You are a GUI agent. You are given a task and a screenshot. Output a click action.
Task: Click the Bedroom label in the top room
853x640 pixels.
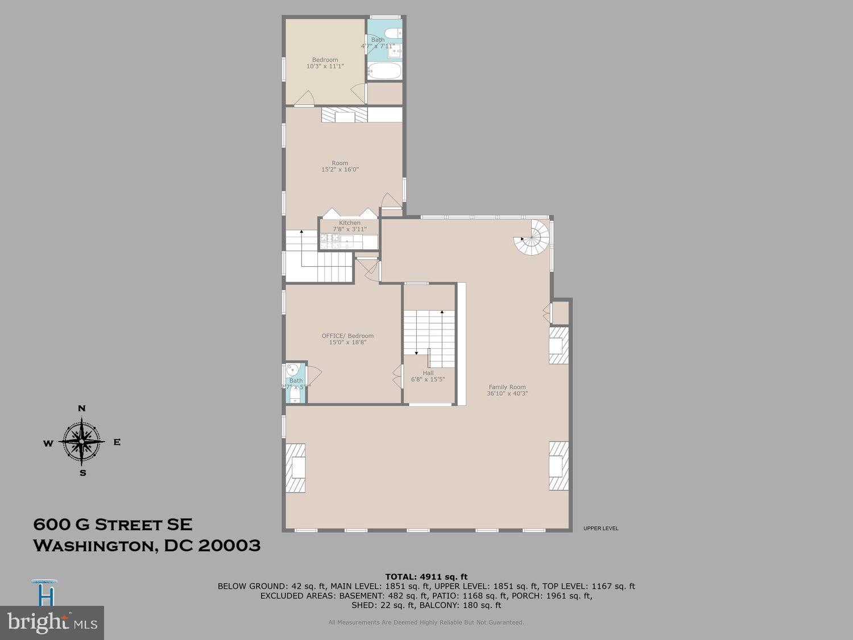pyautogui.click(x=325, y=60)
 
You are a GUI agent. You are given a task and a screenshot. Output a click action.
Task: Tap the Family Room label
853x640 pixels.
pyautogui.click(x=507, y=387)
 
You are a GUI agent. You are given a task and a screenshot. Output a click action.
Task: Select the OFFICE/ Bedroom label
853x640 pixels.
pyautogui.click(x=347, y=336)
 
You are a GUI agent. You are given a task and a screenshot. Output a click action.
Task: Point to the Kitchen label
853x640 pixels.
pyautogui.click(x=350, y=223)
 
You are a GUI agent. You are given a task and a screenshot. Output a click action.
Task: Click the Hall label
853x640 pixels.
pyautogui.click(x=428, y=373)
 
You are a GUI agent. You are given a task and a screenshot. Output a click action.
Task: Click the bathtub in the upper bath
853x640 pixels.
pyautogui.click(x=385, y=72)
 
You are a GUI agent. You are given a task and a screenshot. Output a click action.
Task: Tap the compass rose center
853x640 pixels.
pyautogui.click(x=82, y=441)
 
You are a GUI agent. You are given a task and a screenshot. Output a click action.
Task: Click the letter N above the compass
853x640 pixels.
pyautogui.click(x=82, y=408)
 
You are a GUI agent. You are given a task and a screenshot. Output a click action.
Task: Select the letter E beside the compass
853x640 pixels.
pyautogui.click(x=117, y=442)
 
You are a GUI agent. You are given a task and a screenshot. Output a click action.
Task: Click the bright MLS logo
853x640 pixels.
pyautogui.click(x=52, y=622)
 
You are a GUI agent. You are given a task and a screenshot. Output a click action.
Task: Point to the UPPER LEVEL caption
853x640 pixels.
pyautogui.click(x=601, y=528)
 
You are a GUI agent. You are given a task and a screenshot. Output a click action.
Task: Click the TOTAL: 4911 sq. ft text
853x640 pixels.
pyautogui.click(x=426, y=577)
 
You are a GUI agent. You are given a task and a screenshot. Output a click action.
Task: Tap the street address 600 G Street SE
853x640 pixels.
pyautogui.click(x=113, y=524)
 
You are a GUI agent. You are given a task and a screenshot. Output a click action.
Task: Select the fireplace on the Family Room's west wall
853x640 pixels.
pyautogui.click(x=296, y=468)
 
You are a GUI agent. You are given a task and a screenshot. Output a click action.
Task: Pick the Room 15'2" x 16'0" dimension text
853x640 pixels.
pyautogui.click(x=340, y=170)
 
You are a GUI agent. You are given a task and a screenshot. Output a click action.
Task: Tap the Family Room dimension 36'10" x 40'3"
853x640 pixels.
pyautogui.click(x=507, y=394)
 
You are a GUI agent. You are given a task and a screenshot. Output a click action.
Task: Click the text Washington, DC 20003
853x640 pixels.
pyautogui.click(x=147, y=546)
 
